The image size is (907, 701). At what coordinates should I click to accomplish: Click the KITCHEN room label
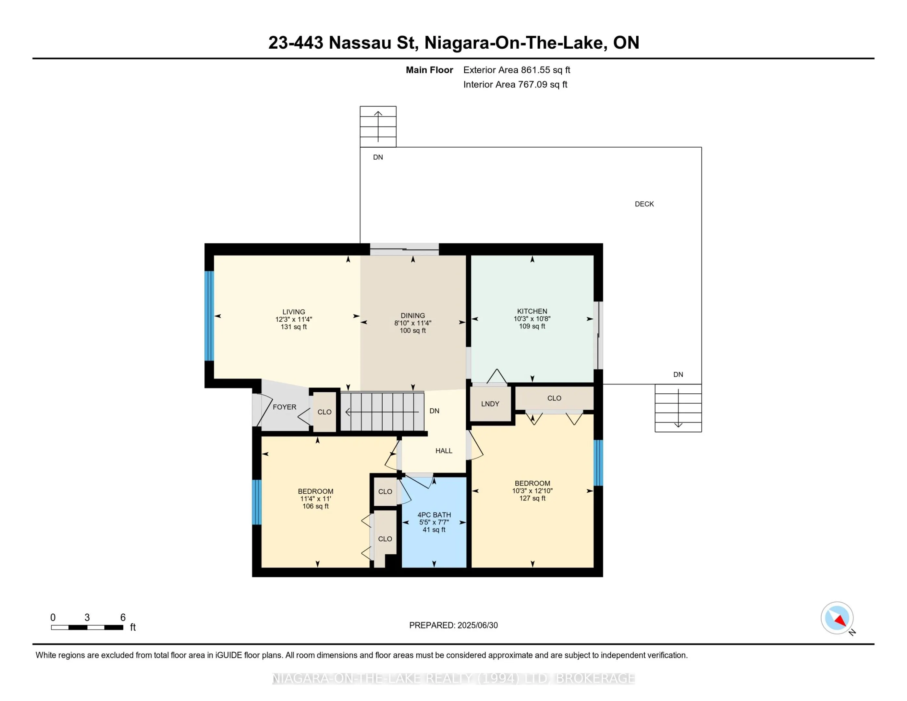(x=532, y=311)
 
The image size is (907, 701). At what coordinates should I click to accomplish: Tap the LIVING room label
(x=294, y=312)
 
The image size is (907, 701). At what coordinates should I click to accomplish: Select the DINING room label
(x=413, y=316)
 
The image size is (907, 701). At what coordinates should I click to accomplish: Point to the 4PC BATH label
(x=434, y=515)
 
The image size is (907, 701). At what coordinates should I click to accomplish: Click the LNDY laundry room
(x=490, y=404)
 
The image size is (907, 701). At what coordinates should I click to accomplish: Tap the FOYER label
(x=285, y=407)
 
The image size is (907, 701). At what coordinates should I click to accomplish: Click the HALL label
(x=444, y=450)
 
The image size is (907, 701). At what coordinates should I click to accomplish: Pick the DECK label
(x=644, y=204)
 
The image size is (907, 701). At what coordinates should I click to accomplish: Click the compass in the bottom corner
(x=837, y=618)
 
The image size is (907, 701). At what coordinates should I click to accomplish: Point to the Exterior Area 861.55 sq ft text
(x=517, y=70)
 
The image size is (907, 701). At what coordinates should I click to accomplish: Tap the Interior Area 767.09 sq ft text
(x=515, y=84)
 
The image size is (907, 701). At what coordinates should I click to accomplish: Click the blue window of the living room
(x=209, y=316)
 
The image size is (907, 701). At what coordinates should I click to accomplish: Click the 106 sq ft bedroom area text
(x=316, y=506)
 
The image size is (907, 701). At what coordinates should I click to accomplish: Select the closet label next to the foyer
(x=324, y=412)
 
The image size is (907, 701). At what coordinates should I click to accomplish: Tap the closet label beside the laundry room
(x=554, y=398)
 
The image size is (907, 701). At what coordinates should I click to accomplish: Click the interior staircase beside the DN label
(x=382, y=412)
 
